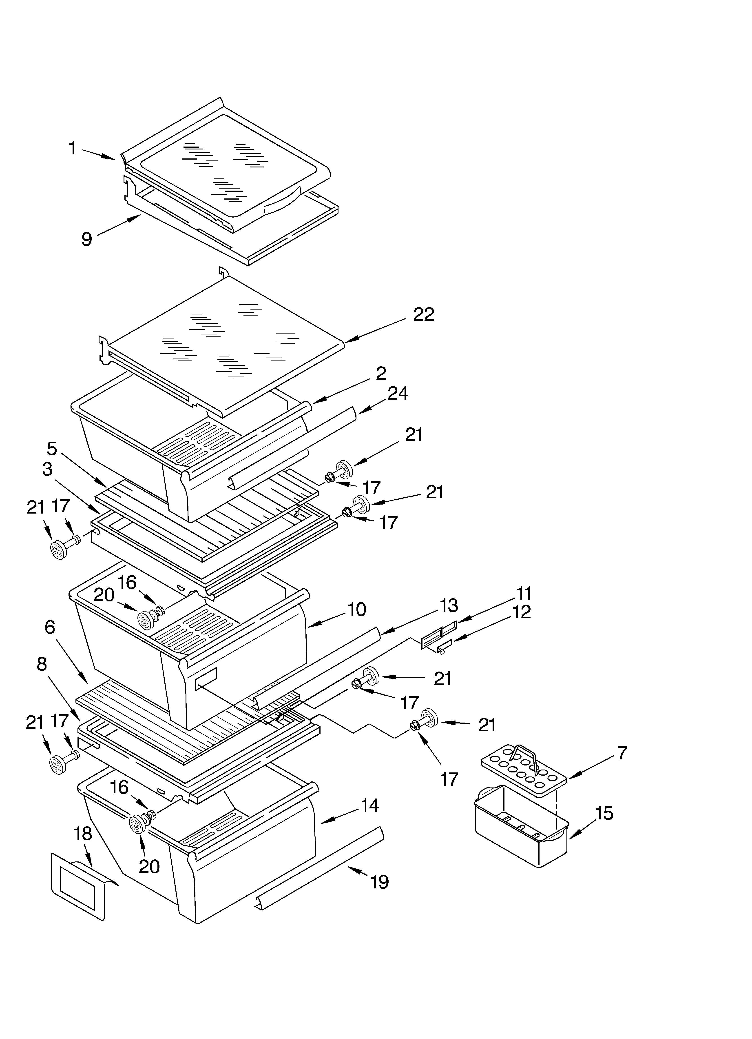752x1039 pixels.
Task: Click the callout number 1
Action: pos(72,148)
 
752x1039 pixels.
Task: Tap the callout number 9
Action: pos(86,239)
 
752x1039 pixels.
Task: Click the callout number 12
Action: pos(522,612)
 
